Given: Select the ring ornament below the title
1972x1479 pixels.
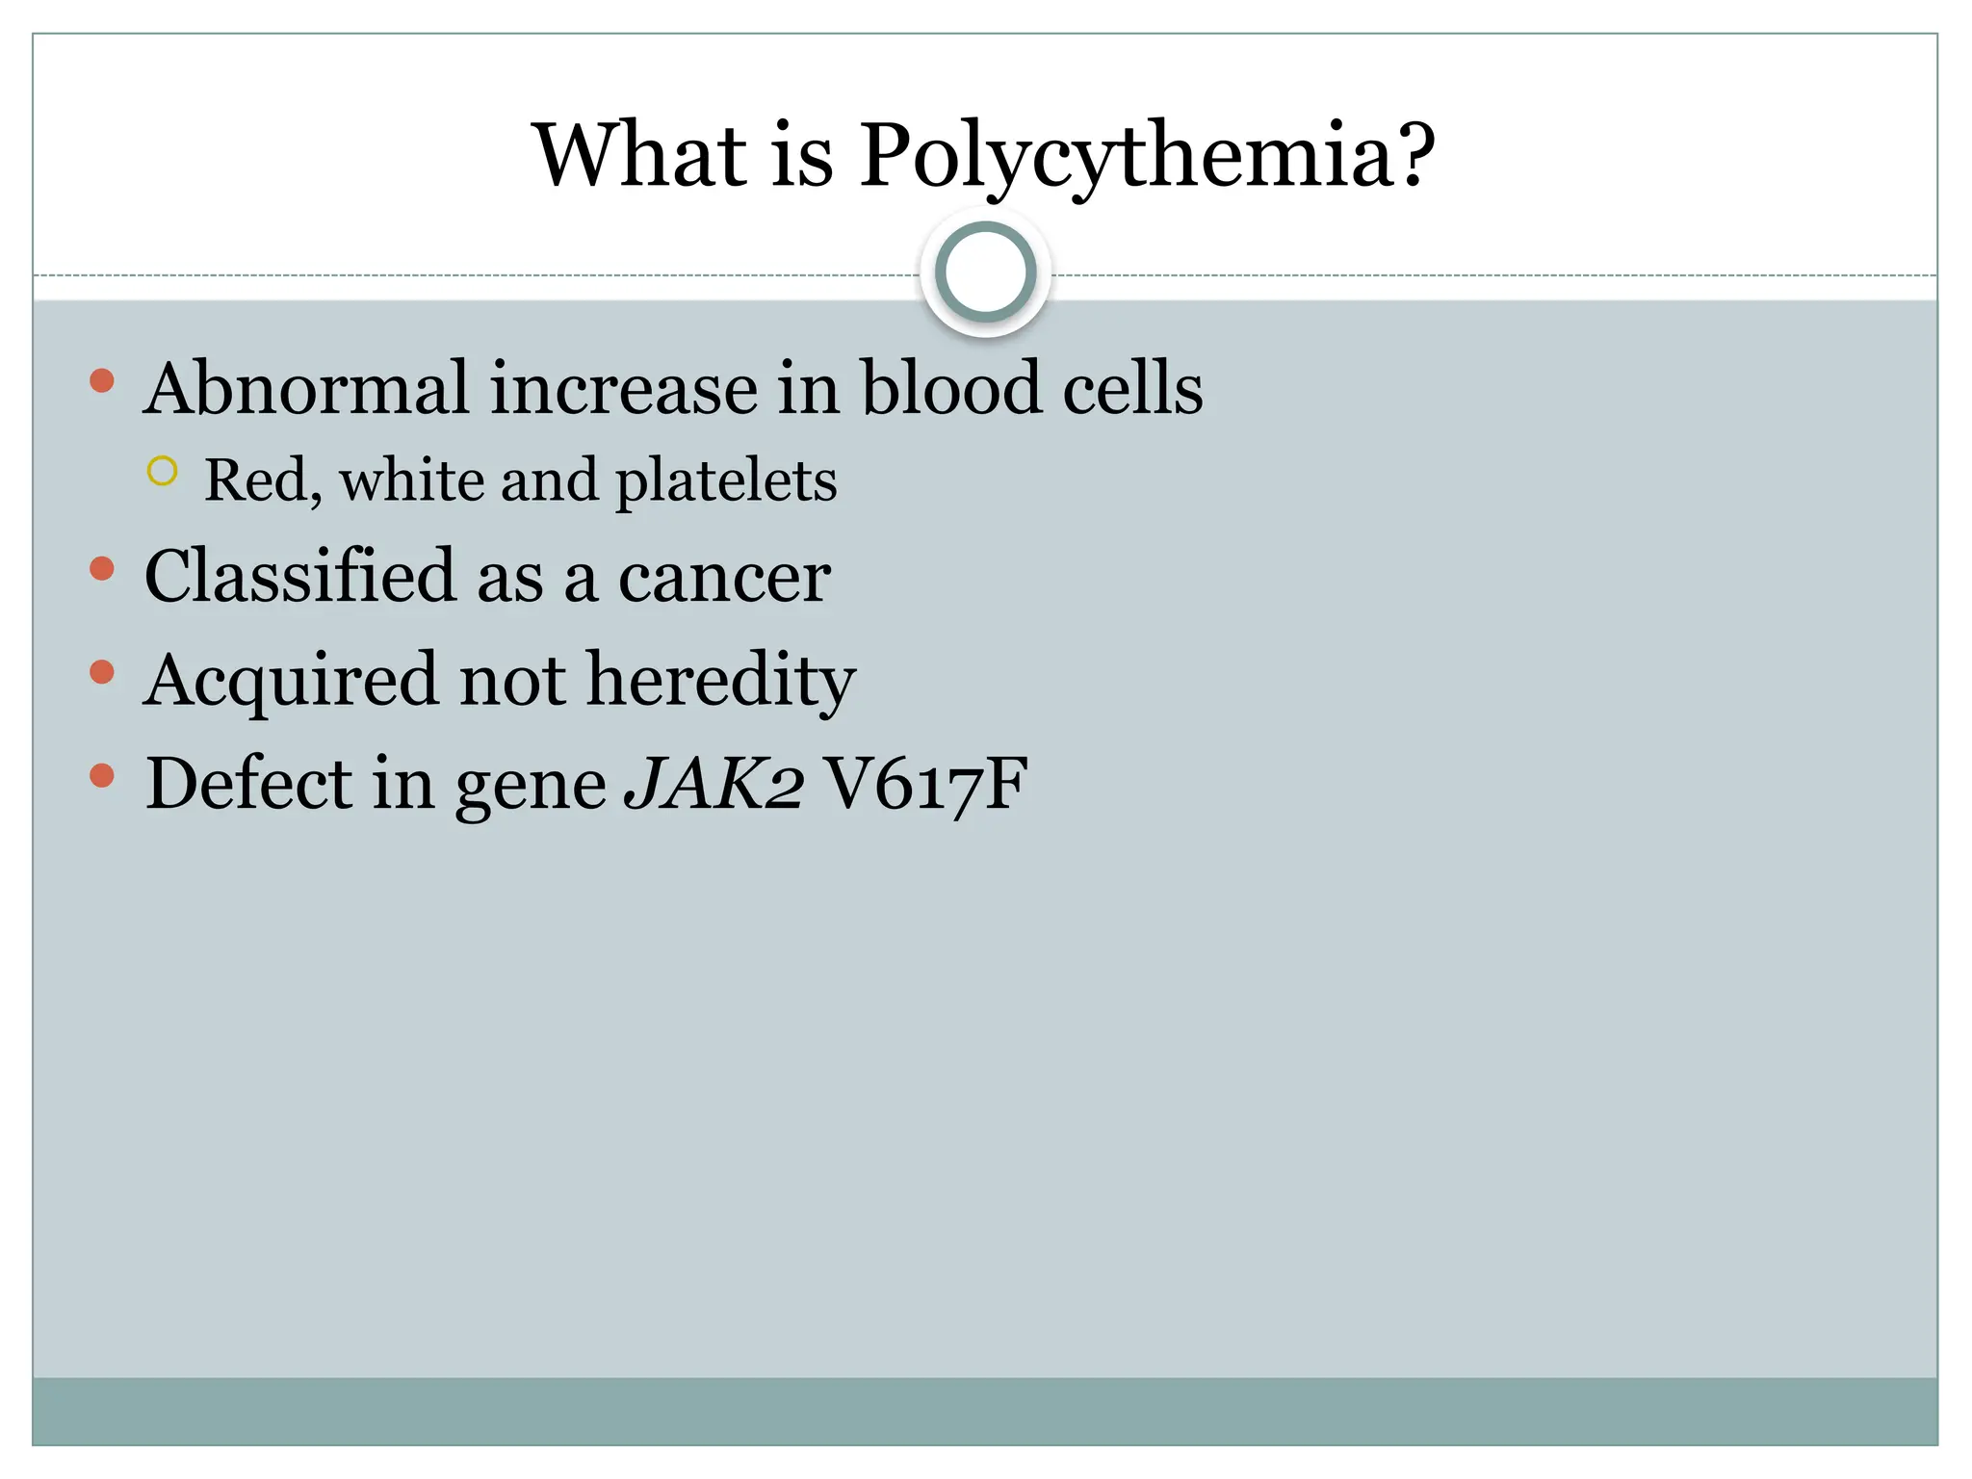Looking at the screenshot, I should point(985,272).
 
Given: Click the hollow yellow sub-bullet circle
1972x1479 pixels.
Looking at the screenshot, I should point(163,471).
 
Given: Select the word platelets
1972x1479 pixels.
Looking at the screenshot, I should point(726,480).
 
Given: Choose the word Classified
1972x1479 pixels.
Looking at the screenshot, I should point(299,577).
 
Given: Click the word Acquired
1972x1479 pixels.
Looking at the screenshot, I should point(290,681).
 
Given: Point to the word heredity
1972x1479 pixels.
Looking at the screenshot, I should point(721,681).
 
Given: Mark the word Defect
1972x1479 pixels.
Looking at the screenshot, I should point(249,783).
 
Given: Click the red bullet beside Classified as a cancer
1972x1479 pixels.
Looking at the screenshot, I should point(102,569).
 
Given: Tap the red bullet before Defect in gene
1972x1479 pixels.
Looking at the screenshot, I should point(102,776).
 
